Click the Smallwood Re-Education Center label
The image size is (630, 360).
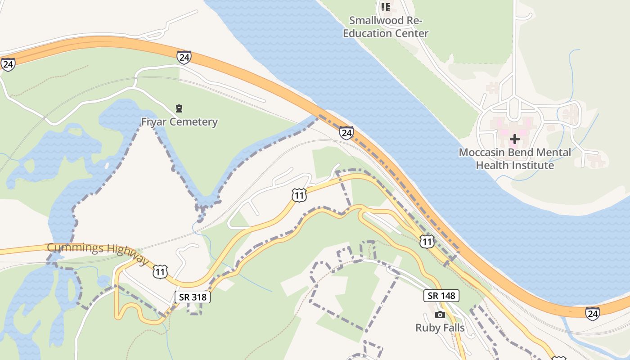(x=386, y=27)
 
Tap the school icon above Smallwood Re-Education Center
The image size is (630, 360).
(x=386, y=7)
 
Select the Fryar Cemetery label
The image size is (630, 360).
(x=179, y=122)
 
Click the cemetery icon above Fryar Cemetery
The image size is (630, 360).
(x=179, y=108)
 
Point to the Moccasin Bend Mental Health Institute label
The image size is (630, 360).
(x=515, y=159)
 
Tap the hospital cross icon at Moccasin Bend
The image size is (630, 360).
(x=515, y=139)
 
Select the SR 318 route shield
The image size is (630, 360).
(x=193, y=297)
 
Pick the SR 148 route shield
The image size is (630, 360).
(x=441, y=296)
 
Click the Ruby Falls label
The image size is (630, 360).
(x=440, y=328)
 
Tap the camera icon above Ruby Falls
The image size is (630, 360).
(x=440, y=315)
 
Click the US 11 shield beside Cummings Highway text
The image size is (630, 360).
(x=160, y=271)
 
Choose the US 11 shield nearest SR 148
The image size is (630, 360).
(x=427, y=242)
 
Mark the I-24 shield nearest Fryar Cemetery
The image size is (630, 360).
(x=184, y=57)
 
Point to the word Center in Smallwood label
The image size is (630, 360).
(x=411, y=33)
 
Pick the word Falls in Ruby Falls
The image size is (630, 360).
(x=453, y=328)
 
